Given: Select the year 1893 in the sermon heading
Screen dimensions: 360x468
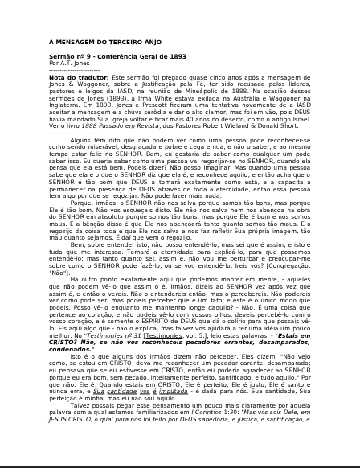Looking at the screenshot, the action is click(175, 55).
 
